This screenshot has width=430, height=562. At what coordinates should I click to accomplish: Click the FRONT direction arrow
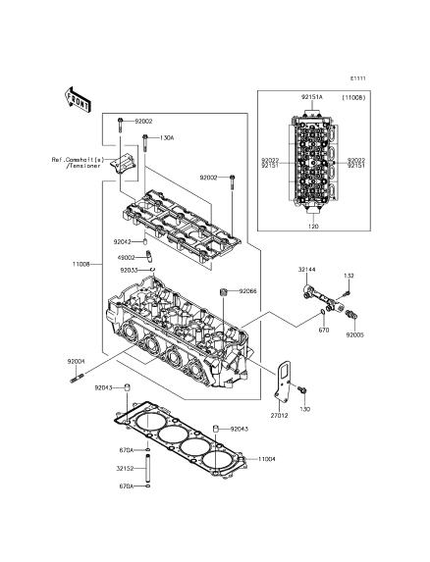78,99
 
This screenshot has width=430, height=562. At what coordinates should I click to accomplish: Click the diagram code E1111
358,78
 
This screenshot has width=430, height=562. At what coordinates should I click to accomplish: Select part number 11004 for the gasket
267,459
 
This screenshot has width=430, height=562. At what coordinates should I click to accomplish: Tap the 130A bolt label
167,137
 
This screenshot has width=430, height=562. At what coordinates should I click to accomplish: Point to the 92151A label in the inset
311,97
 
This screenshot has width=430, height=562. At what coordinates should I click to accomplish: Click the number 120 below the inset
313,227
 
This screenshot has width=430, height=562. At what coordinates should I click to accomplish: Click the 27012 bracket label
279,416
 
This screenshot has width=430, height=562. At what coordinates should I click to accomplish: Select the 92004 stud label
76,361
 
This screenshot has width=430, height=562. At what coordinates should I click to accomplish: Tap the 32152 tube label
125,468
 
